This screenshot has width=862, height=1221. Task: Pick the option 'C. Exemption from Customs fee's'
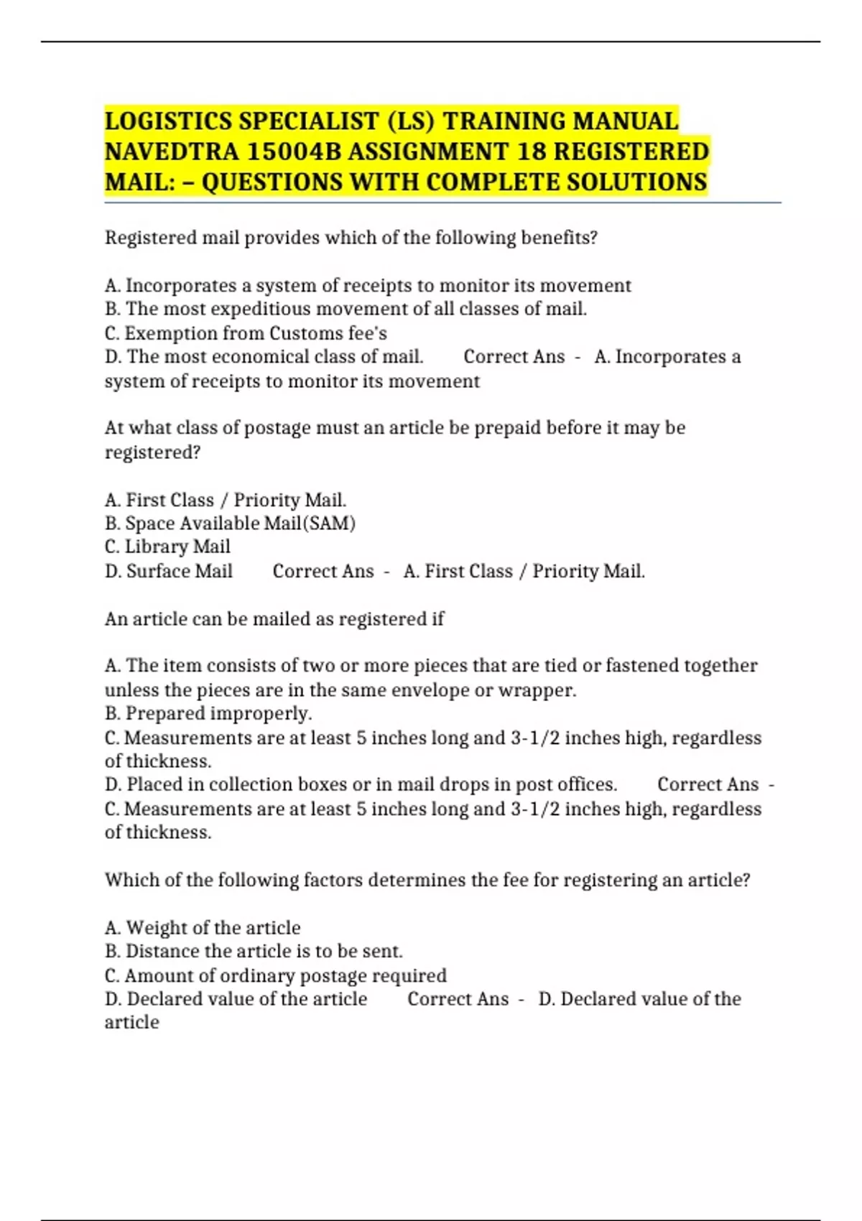coord(246,333)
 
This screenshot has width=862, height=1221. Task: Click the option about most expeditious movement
coord(346,309)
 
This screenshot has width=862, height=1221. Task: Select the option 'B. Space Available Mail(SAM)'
coord(230,524)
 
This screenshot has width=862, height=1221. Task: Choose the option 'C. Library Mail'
coord(167,547)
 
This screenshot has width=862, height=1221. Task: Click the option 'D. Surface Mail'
coord(169,572)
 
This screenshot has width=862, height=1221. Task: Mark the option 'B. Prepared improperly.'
coord(208,713)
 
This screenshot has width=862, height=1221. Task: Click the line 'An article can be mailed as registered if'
coord(274,619)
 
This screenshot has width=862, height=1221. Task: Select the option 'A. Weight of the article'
coord(203,928)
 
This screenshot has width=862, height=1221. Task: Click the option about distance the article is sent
coord(254,952)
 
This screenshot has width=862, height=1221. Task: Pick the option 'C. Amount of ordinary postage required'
coord(276,975)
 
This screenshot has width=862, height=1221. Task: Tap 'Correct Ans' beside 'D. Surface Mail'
coord(323,572)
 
